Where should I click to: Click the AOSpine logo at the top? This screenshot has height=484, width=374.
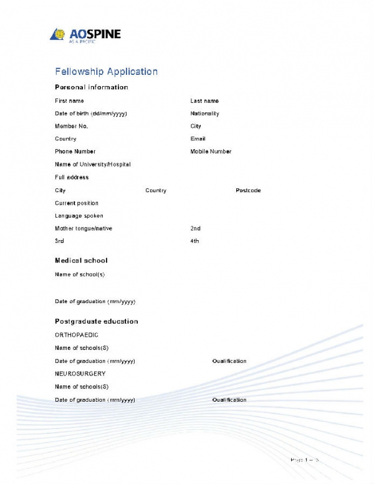coord(85,34)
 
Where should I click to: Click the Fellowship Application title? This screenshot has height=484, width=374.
coord(106,72)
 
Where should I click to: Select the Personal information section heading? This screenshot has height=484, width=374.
coord(92,87)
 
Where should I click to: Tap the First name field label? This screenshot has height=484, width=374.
coord(69,101)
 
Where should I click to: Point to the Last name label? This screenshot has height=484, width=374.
coord(204,101)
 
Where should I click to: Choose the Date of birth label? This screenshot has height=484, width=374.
coord(91,114)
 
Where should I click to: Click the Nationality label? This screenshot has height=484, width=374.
coord(204,114)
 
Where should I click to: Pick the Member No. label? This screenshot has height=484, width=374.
coord(72,126)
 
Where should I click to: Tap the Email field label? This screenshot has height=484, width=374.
coord(198,139)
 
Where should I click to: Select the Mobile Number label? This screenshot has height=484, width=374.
coord(211,152)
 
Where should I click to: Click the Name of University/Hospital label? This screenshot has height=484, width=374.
coord(93,165)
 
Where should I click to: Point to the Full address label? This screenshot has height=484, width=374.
coord(72,177)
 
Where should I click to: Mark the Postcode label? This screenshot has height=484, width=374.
coord(248,190)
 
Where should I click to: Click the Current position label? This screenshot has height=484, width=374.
coord(77,203)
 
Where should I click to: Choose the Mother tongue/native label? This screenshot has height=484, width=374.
coord(84,228)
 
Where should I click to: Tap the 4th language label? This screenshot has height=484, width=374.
coord(194,241)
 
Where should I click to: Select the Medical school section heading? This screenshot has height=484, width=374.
coord(81,260)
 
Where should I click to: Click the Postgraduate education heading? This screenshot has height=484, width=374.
coord(97,321)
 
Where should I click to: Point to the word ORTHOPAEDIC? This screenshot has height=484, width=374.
coord(77,335)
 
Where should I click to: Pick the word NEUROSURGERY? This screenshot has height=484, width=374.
coord(80,374)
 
